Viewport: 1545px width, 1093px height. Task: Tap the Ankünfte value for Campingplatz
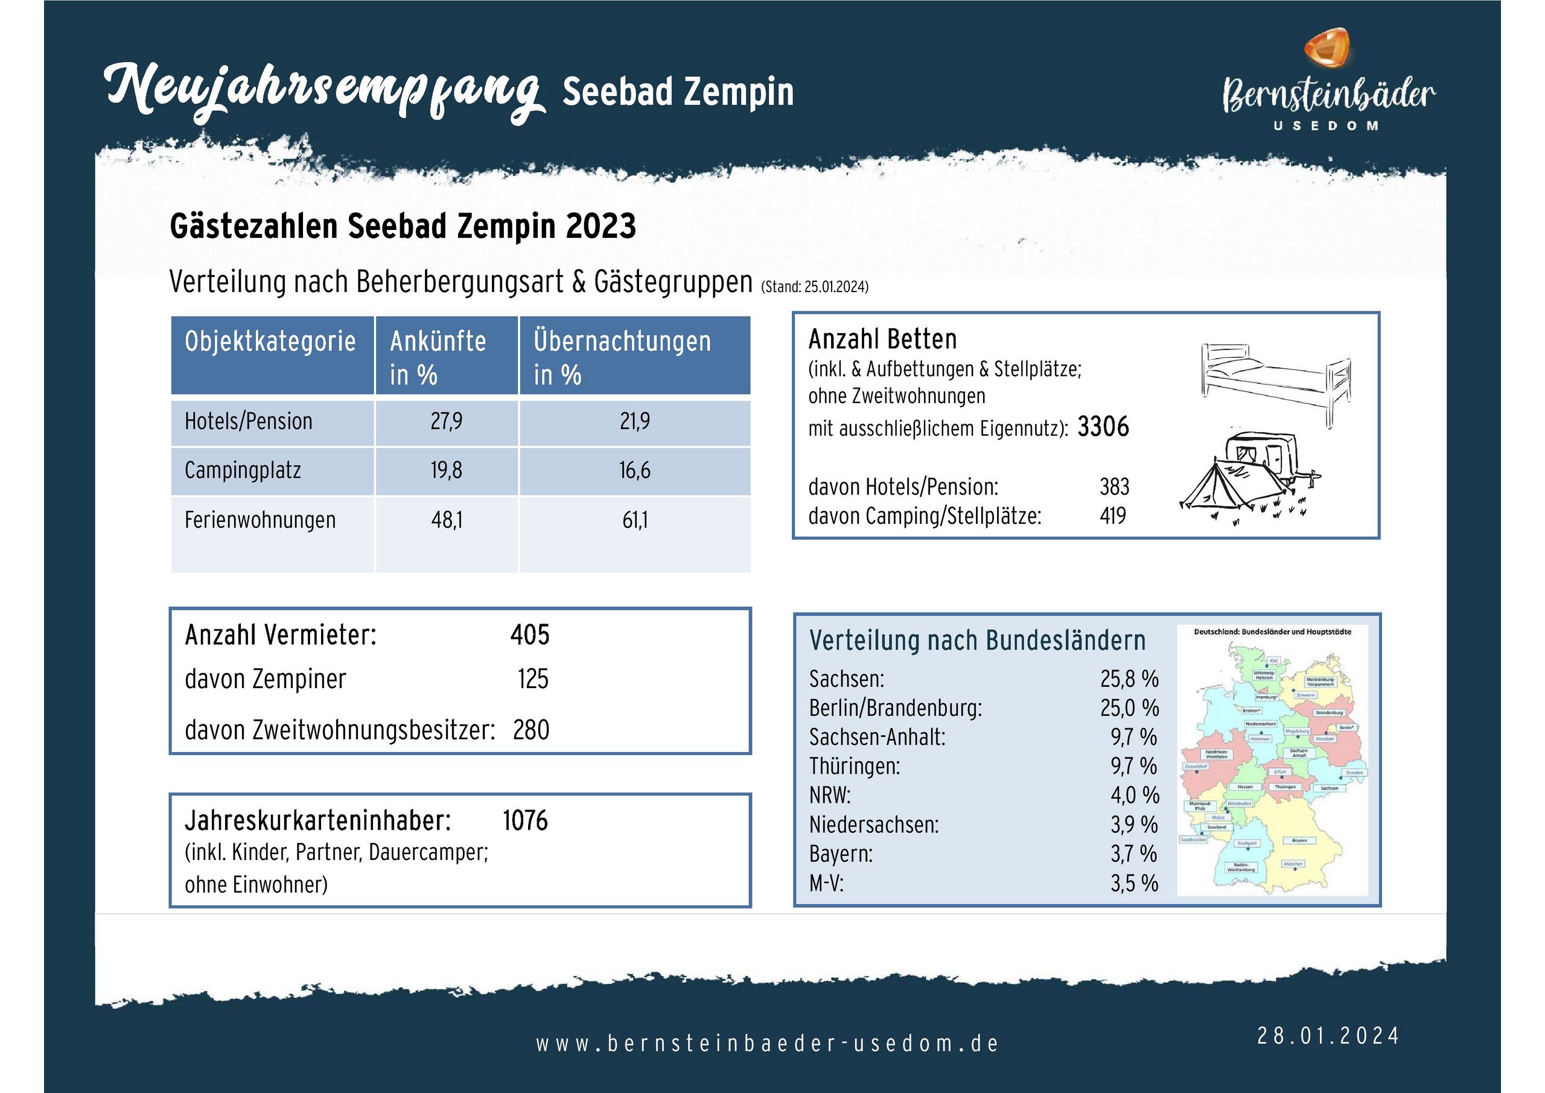446,470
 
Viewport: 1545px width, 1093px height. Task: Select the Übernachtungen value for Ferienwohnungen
634,520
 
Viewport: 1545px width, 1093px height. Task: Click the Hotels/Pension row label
248,422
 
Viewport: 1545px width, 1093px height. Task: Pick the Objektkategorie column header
270,342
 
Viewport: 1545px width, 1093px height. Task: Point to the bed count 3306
1103,427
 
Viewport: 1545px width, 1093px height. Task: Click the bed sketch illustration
1276,381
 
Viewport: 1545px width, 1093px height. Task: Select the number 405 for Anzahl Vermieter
529,635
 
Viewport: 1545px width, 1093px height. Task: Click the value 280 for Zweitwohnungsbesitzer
531,730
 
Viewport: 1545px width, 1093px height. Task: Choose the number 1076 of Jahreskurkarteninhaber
525,821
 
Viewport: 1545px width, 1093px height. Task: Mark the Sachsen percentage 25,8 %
1129,679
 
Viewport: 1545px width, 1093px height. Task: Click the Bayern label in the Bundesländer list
841,854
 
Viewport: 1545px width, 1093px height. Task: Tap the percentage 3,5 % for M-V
1134,883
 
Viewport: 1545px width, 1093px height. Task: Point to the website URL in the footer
766,1044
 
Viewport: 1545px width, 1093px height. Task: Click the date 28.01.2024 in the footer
1328,1036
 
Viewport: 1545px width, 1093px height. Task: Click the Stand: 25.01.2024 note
814,287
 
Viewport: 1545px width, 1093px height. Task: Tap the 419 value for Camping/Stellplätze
1113,516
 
